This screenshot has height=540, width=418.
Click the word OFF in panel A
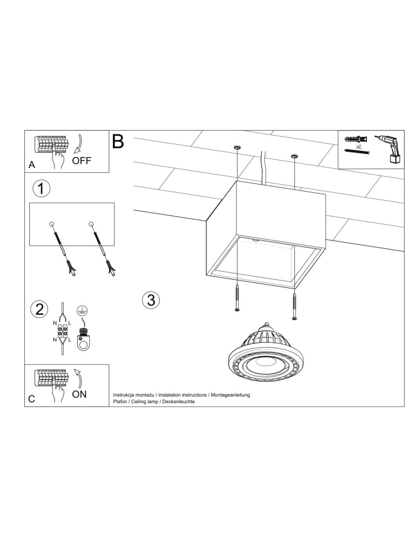82,160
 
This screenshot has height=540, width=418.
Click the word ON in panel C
79,394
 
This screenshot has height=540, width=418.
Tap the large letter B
118,141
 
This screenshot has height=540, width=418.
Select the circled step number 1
42,188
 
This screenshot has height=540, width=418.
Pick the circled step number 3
151,300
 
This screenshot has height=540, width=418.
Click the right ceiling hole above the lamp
294,156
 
